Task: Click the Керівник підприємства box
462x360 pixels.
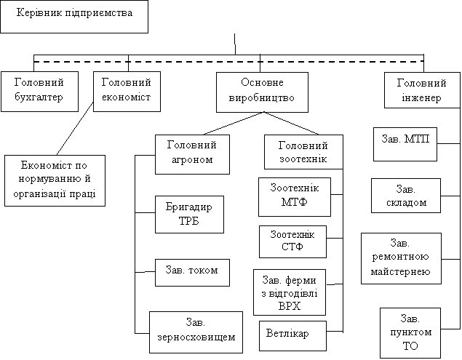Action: [73, 16]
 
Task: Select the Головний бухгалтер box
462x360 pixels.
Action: [39, 90]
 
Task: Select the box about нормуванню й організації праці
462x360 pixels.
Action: [55, 180]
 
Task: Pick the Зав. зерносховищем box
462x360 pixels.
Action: [196, 332]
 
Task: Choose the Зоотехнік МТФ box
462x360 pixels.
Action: [295, 196]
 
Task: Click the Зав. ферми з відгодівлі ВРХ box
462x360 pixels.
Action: [289, 292]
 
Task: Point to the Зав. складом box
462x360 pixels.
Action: [406, 196]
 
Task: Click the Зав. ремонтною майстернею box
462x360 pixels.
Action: [402, 257]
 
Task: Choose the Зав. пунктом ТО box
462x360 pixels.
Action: [410, 332]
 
